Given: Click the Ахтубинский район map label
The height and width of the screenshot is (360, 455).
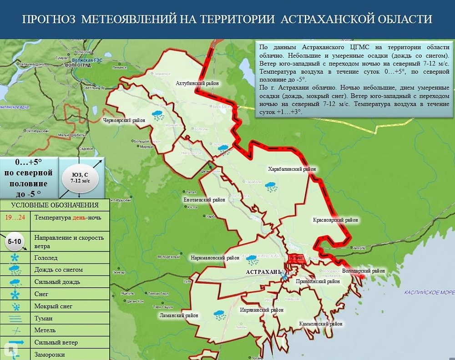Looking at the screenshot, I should coord(197,83).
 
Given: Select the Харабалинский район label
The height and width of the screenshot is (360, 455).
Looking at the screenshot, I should coord(292,169).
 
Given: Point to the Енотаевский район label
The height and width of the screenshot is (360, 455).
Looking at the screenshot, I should coord(204,199).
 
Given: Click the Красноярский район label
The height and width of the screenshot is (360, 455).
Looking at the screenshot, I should coord(335,220).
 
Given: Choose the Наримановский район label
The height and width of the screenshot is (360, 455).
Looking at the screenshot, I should coord(215,258).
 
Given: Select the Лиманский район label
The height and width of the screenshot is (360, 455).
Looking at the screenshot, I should coord(179,315).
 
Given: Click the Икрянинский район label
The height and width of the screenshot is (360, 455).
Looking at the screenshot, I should coord(262,310).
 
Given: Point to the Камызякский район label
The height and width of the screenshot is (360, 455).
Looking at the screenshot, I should coord(321,324).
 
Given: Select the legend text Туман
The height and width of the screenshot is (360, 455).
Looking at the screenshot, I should coord(43,318).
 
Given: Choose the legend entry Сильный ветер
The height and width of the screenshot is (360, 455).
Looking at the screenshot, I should coord(56,342).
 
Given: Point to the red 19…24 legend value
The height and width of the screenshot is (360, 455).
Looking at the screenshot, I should coord(15,218).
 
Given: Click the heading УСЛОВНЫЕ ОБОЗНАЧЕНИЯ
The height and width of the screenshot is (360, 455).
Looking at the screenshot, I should coord(55,205).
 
